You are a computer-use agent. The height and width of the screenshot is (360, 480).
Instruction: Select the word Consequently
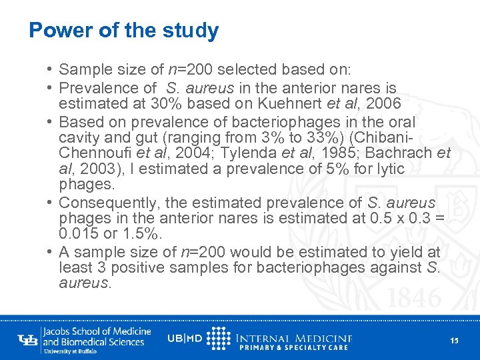point(102,203)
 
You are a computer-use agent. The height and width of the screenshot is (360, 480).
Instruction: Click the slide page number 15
point(454,341)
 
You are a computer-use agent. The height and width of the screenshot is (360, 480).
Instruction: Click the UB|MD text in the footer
point(185,338)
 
